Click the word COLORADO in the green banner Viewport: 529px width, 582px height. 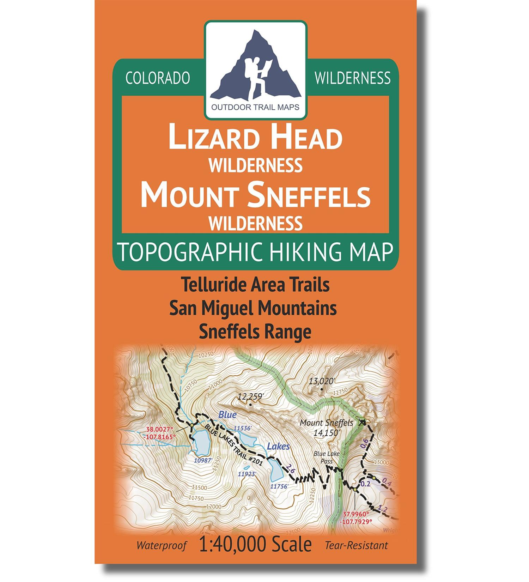coord(158,78)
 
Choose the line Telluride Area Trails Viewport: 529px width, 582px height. coord(255,285)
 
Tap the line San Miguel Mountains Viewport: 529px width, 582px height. coord(253,309)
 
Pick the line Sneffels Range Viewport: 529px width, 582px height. coord(255,331)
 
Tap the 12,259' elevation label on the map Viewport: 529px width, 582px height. coord(251,397)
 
